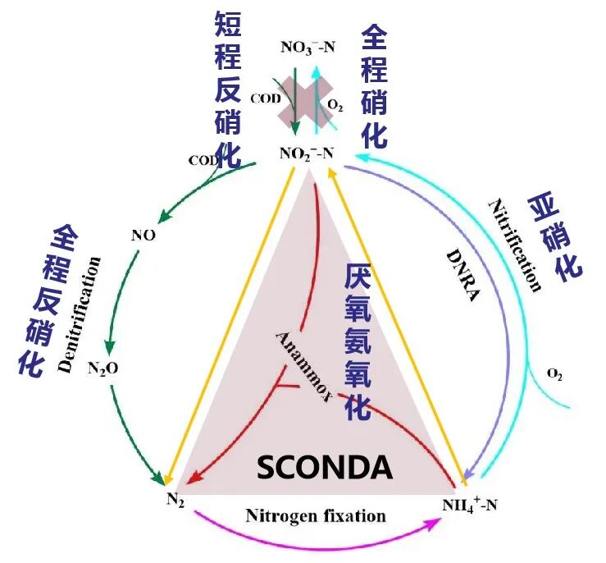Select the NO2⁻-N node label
[x=307, y=153]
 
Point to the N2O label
[x=103, y=368]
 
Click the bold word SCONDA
[x=325, y=467]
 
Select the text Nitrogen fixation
[x=315, y=516]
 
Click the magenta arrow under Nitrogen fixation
[x=315, y=538]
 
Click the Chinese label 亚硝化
[x=557, y=237]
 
